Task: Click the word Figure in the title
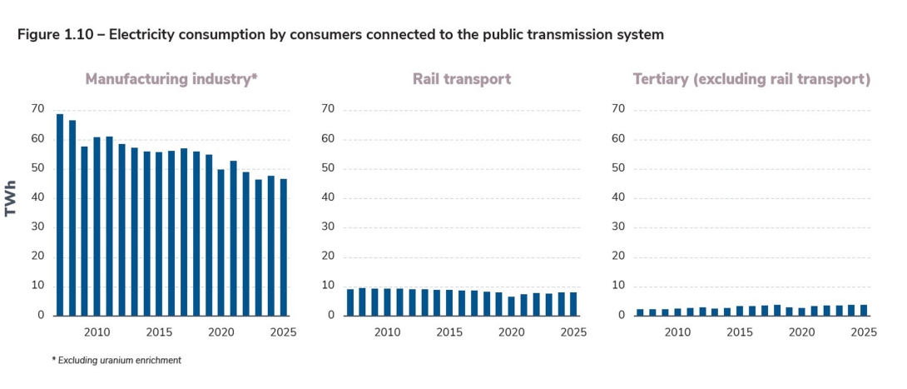pos(39,35)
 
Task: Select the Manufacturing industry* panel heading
pos(171,80)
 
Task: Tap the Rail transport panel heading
pos(461,80)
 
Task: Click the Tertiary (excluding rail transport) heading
pos(751,80)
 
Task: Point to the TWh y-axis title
pos(12,202)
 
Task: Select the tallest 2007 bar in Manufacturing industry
pos(60,215)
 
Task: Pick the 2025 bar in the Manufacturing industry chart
pos(284,247)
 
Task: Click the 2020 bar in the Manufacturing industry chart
pos(221,242)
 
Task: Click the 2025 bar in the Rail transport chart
pos(573,304)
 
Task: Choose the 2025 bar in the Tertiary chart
pos(864,310)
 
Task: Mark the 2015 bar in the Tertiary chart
pos(740,311)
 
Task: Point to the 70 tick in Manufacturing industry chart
pos(37,109)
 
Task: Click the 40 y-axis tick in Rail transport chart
pos(328,198)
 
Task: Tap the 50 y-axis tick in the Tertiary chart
pos(618,168)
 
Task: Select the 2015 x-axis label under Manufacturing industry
pos(159,332)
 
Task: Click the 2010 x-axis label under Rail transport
pos(387,332)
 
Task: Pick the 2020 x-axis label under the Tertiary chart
pos(801,332)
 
